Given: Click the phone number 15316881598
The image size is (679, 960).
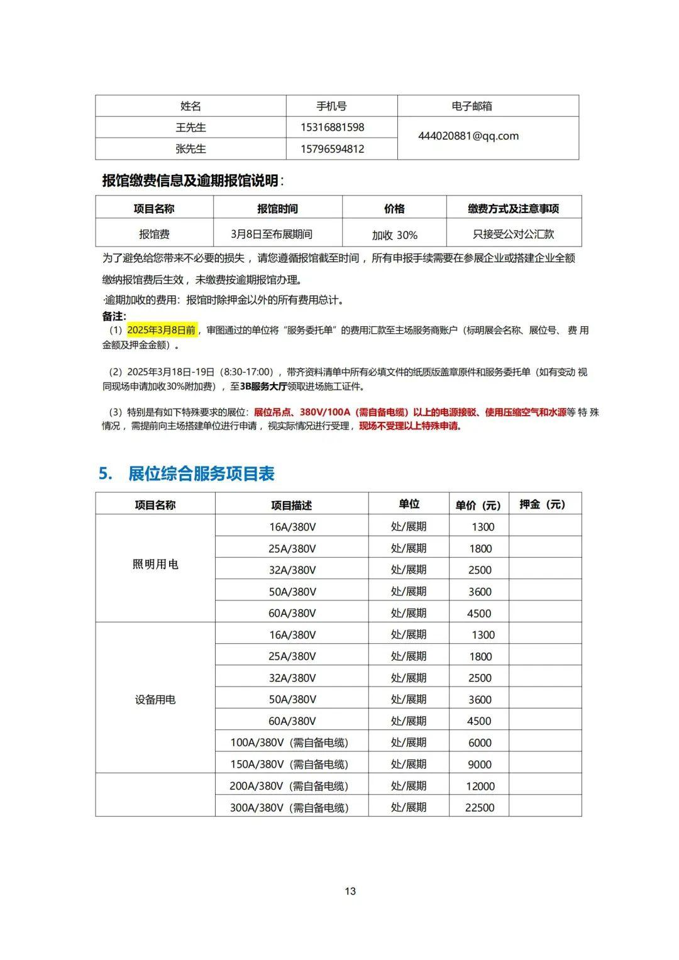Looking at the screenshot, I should (332, 128).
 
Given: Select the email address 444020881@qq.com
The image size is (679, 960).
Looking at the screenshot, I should (468, 136).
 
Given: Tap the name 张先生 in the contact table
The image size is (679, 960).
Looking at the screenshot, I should (190, 149).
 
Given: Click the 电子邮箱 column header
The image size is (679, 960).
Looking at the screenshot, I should (472, 106).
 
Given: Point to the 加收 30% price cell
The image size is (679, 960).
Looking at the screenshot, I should (394, 235).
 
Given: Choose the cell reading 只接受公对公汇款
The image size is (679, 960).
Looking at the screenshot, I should (514, 234).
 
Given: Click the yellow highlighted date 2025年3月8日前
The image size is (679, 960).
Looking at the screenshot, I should (162, 330).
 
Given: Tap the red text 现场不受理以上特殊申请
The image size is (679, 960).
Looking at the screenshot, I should (410, 426).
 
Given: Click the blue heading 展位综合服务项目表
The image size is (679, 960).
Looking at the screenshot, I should (201, 473).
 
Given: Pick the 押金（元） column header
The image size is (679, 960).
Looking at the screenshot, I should (543, 504).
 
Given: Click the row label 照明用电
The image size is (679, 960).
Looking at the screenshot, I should (155, 565).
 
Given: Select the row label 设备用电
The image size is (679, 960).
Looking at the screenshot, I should (155, 700).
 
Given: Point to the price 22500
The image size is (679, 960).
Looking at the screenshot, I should (480, 808).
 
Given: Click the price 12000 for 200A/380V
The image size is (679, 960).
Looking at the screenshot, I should (480, 786).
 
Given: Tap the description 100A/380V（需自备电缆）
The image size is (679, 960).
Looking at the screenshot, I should (289, 742).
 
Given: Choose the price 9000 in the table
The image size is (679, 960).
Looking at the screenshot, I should (480, 764).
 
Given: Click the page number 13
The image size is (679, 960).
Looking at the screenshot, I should (350, 891).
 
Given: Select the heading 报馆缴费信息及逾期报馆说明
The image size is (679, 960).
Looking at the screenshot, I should (190, 181).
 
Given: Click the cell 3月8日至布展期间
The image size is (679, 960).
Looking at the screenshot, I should (272, 234).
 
